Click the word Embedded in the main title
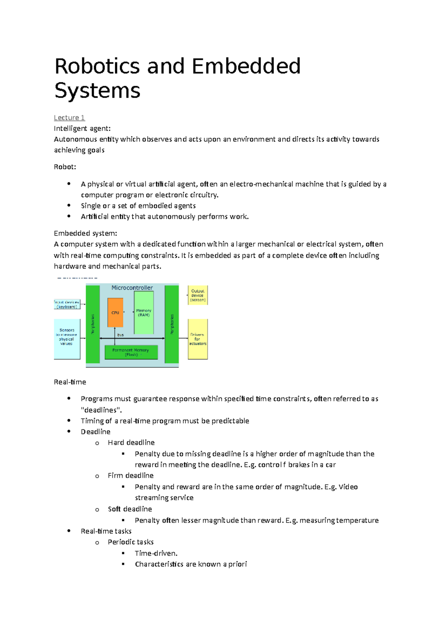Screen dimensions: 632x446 coord(246,66)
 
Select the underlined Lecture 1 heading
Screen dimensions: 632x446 coord(69,118)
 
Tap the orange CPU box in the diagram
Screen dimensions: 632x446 coord(115,313)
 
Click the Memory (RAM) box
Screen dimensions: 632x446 coord(144,313)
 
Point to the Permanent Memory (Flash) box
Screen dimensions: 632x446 coord(131,352)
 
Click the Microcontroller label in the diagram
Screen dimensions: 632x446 coord(132,288)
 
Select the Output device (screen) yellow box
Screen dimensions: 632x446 coord(198,295)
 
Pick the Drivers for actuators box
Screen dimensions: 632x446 coord(198,339)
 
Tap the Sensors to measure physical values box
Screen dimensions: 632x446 coord(67,337)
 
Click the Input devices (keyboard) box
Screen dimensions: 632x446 coord(67,304)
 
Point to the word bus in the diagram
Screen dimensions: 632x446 coord(120,335)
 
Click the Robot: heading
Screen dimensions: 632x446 coord(65,167)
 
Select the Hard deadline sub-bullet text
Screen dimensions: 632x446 coord(131,443)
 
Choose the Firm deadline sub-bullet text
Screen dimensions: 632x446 coord(130,475)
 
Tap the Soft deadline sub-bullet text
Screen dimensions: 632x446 coord(130,509)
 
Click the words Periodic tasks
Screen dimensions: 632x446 coord(130,542)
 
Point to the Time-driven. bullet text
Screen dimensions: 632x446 coord(156,553)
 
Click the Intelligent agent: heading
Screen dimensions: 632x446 coord(82,128)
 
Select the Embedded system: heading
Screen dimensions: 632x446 coord(85,233)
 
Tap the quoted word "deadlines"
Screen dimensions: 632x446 coord(101,410)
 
